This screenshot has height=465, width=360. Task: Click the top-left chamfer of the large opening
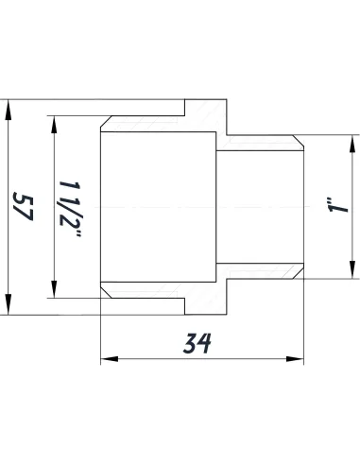click(106, 126)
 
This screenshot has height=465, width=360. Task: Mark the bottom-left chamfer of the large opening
click(106, 287)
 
